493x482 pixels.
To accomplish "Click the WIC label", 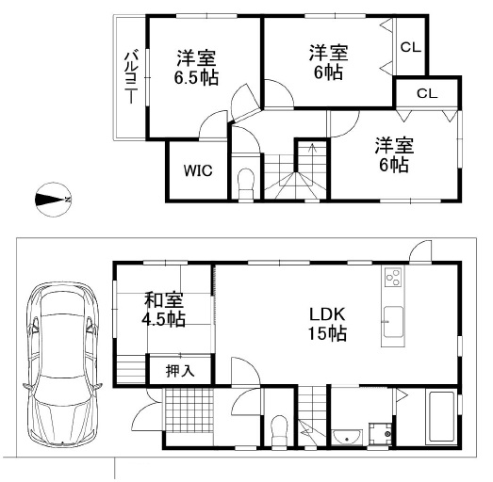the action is pos(198,170).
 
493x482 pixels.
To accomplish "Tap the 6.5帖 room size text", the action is pos(196,77).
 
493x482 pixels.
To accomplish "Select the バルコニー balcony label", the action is pos(131,77).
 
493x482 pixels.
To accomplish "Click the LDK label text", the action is pos(327,314).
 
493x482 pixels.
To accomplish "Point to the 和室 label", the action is pos(163,300).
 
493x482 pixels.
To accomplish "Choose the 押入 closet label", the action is pos(180,371).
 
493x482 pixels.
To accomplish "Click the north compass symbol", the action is pos(53,200).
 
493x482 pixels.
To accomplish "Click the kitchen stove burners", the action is pos(393,277).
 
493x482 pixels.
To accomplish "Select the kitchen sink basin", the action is pos(393,322).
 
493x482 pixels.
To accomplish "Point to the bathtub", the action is pos(441,417).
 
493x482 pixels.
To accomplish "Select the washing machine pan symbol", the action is pos(381,433).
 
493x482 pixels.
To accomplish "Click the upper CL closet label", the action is pos(411,47).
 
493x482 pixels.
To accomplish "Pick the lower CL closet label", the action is pos(427,93).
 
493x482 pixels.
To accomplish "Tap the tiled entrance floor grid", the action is pos(188,410).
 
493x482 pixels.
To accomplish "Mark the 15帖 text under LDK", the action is pos(327,333).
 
